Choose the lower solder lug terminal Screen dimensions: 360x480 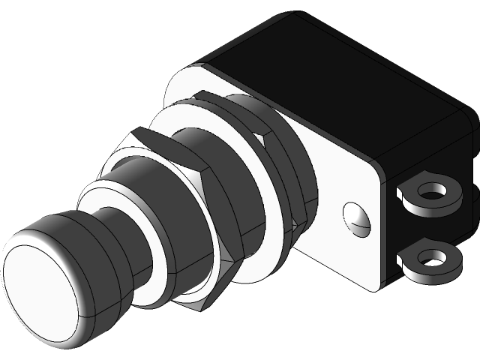coord(430,259)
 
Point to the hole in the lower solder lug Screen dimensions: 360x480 coord(432,259)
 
